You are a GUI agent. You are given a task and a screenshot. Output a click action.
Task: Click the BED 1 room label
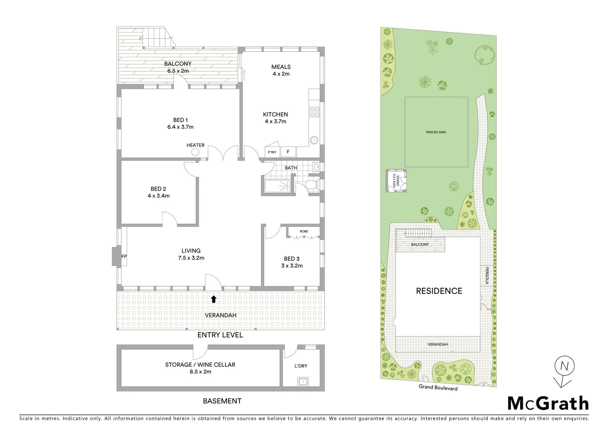click(x=180, y=120)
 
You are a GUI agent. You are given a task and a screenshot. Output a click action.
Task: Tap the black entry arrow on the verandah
click(x=214, y=299)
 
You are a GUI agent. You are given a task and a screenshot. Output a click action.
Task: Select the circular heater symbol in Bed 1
click(x=195, y=152)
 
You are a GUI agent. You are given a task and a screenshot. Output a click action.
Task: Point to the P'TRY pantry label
click(x=272, y=152)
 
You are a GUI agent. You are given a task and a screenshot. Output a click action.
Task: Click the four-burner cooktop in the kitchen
click(x=314, y=112)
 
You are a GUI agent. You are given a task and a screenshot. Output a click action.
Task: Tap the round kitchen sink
click(x=314, y=140)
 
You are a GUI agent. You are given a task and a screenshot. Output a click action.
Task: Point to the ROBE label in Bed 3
click(x=304, y=231)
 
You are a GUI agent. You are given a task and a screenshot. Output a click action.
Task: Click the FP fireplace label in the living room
click(x=124, y=256)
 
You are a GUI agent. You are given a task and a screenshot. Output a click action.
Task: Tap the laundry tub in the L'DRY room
click(x=304, y=382)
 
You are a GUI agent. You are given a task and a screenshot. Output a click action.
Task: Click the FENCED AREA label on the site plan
click(x=436, y=132)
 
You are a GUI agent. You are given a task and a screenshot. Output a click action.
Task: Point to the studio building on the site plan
click(x=396, y=181)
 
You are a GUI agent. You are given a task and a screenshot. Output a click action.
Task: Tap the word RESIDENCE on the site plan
click(x=439, y=291)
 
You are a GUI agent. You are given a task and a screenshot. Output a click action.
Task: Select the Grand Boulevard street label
click(x=438, y=387)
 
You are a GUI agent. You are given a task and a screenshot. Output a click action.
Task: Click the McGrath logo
click(x=548, y=403)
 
